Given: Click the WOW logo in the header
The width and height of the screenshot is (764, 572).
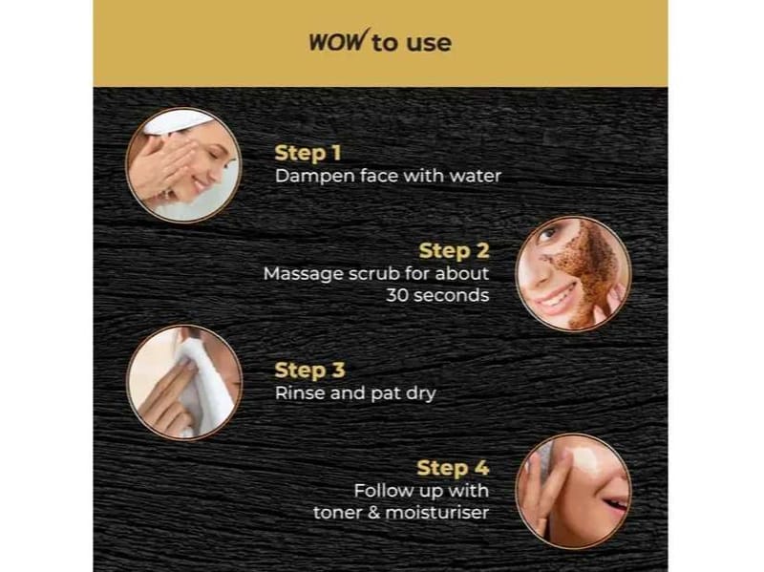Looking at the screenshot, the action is tap(337, 40).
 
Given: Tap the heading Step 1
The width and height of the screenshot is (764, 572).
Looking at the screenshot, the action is tap(308, 153).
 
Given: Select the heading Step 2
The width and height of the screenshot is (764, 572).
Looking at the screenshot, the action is tap(455, 251).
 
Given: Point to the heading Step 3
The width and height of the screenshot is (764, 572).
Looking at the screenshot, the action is tap(309, 371).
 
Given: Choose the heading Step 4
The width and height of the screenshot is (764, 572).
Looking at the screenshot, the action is tap(453, 468).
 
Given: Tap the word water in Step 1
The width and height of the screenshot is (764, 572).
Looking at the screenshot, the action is tap(475, 176).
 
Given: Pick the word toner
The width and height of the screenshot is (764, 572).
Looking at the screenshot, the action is tap(337, 513).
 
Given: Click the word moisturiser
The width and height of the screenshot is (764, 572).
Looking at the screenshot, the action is tap(437, 513).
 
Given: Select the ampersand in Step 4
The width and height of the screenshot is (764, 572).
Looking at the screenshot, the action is tap(373, 513).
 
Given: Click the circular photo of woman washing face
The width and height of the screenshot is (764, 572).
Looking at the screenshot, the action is tap(183, 165).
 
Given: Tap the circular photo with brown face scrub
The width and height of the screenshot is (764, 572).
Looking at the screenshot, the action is tap(574, 274).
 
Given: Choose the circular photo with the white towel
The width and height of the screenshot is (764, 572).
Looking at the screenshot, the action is tap(184, 383).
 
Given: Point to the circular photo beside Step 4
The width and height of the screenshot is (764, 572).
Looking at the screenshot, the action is tap(574, 491).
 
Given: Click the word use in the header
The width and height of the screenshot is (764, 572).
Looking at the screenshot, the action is tap(429, 43).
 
